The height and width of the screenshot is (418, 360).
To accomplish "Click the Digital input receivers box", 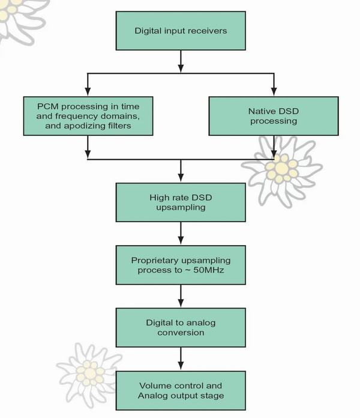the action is [x=181, y=31].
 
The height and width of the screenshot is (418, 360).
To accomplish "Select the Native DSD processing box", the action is [x=274, y=116].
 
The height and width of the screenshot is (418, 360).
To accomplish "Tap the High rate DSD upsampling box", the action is [x=181, y=202].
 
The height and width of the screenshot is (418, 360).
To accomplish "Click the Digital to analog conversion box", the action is [x=181, y=328].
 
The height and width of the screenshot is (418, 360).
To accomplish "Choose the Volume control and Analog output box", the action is [x=181, y=390].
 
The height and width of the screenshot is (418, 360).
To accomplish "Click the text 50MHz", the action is [x=208, y=270].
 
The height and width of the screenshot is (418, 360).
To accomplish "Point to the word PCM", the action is [x=47, y=106].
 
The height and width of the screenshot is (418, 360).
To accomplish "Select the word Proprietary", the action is [x=155, y=261].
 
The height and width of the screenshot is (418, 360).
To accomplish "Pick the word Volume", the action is [x=154, y=386].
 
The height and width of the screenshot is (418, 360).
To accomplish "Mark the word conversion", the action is [x=181, y=333].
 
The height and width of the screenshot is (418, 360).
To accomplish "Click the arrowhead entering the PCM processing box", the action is [x=88, y=92].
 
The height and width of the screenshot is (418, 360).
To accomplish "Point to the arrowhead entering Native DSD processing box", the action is [x=274, y=92].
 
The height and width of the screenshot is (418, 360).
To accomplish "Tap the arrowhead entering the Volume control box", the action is [x=181, y=366].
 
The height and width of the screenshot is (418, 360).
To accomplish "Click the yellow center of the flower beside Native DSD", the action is [x=281, y=168].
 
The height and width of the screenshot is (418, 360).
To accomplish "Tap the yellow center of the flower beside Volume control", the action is [x=90, y=373].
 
